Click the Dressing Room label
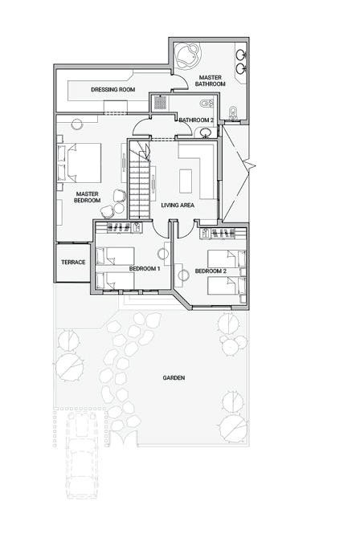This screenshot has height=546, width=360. (113, 89)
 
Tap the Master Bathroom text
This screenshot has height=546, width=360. (211, 81)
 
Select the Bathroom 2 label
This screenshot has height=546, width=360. (196, 120)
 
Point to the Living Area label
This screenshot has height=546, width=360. (178, 206)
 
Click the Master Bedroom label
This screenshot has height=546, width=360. (87, 197)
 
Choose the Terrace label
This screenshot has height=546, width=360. (73, 263)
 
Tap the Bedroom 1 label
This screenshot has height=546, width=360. (145, 269)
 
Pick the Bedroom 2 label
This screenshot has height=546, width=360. (211, 271)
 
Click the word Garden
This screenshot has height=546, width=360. (174, 378)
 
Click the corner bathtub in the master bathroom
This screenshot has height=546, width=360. (188, 55)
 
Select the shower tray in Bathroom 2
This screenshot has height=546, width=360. (160, 103)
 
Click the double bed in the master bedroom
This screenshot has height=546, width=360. (84, 163)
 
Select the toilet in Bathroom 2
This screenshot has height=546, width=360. (207, 104)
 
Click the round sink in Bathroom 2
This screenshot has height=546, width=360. (205, 133)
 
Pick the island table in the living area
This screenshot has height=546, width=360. (186, 181)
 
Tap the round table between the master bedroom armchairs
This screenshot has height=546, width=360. (119, 208)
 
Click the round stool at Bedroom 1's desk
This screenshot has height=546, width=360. (163, 255)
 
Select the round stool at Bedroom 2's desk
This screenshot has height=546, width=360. (184, 275)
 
